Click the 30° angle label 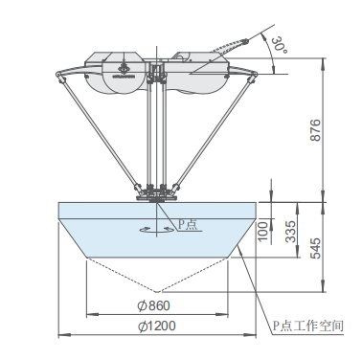point(279,45)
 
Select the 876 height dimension point(315,130)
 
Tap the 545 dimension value point(315,248)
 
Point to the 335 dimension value point(290,231)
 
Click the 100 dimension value point(262,231)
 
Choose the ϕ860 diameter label point(153,305)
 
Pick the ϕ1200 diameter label point(156,326)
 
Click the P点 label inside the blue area point(188,224)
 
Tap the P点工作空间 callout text point(308,326)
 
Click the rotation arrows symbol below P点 point(156,229)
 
